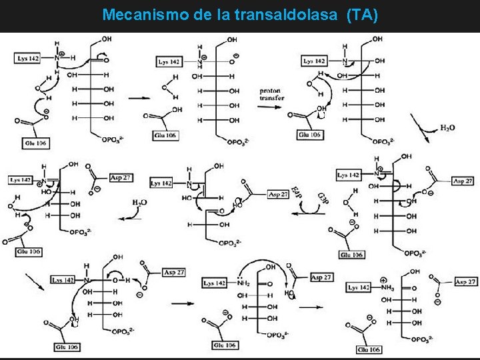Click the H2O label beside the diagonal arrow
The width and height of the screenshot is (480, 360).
coord(447,127)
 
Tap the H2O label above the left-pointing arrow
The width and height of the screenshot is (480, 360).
coord(140,202)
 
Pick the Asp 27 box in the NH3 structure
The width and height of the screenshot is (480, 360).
coord(465,283)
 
